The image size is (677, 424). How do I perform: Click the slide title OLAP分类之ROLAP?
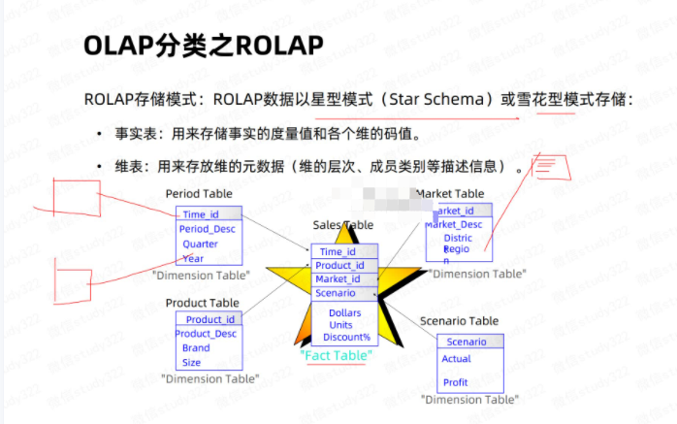coord(203,46)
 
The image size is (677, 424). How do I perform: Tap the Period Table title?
coord(199,194)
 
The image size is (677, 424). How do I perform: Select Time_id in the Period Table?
coord(201,214)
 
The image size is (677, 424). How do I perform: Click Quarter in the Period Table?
coord(200,244)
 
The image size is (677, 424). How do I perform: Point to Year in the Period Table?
coord(193,258)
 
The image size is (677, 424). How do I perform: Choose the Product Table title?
coord(202,303)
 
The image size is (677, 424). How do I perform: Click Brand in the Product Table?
coord(195,347)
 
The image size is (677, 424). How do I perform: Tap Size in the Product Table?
coord(191,362)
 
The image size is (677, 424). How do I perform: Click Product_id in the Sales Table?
coord(339,266)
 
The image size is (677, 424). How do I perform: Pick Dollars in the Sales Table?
coord(344,313)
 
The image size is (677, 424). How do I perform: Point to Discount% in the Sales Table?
coord(346,337)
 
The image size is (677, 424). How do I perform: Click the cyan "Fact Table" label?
coord(337,356)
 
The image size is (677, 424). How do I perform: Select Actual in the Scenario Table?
coord(456,359)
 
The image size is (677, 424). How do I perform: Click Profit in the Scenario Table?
coord(455,382)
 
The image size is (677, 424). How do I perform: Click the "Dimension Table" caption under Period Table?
coord(201,276)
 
